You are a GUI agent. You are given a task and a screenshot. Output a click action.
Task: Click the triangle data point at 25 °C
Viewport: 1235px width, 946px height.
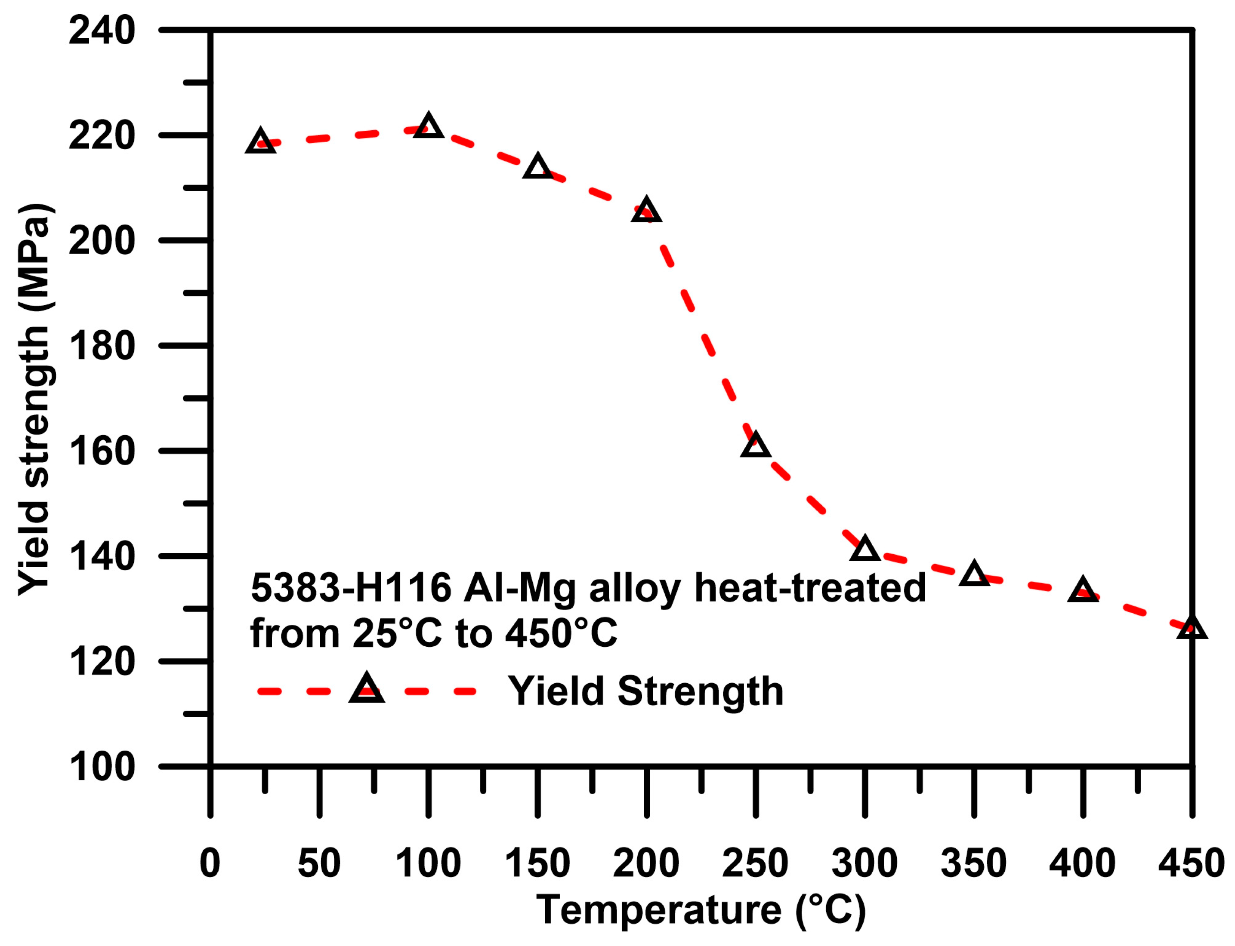[x=260, y=142]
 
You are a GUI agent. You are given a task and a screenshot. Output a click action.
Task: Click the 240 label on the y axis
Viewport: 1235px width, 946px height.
[x=102, y=31]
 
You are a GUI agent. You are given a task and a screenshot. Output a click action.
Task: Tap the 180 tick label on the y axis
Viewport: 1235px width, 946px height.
[x=102, y=346]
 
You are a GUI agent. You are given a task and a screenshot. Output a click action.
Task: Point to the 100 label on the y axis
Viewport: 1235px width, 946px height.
[x=102, y=767]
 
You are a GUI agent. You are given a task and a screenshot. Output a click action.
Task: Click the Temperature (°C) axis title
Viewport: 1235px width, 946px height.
[x=701, y=911]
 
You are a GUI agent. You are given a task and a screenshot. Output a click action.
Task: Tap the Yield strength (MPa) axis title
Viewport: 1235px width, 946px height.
[x=35, y=399]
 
